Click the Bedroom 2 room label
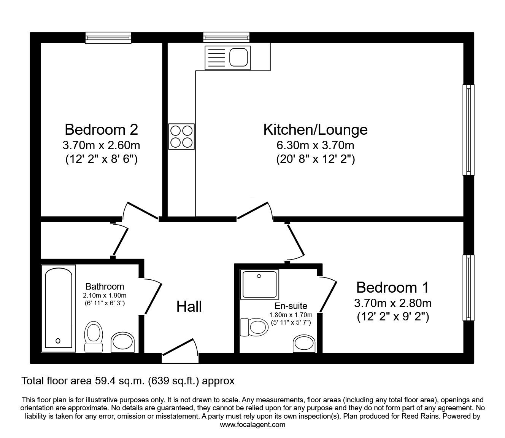click(102, 130)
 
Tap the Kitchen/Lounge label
click(315, 130)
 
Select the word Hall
click(189, 307)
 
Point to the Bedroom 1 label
click(392, 287)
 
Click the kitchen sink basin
click(239, 57)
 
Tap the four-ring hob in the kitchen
click(181, 137)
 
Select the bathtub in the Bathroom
click(59, 309)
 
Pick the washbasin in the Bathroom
click(123, 342)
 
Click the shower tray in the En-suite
click(259, 284)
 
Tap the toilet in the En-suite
click(254, 327)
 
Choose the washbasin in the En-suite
click(304, 344)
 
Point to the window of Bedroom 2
click(108, 38)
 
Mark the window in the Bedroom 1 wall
click(468, 288)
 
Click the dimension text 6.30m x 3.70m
click(315, 145)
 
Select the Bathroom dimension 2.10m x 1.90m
click(105, 295)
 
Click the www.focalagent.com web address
click(252, 425)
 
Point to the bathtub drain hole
click(58, 341)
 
